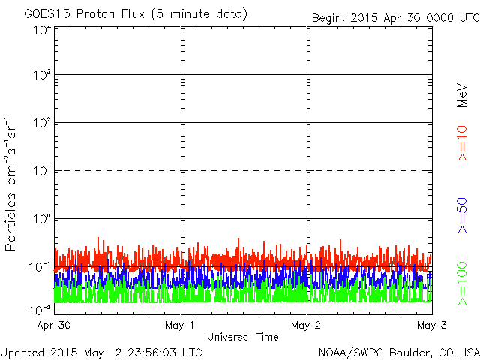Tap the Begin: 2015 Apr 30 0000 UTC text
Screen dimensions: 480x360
396,18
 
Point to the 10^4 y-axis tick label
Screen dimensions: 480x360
43,31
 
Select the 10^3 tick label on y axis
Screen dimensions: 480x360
43,75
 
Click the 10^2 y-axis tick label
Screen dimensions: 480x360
43,123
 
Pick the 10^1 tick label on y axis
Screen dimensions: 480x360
43,171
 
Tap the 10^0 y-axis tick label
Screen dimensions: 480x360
43,219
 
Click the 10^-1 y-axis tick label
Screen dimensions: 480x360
40,267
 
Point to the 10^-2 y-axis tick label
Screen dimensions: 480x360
40,310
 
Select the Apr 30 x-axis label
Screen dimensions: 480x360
54,325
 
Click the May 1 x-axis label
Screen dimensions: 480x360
179,325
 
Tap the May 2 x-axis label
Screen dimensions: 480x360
305,325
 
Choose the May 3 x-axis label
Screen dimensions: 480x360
432,325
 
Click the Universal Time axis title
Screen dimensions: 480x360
243,337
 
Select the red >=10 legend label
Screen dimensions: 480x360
462,143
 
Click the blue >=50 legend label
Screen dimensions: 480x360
462,215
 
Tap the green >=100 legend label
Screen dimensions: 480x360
462,283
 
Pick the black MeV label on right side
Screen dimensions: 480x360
462,95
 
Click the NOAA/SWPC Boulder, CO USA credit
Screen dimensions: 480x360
399,352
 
